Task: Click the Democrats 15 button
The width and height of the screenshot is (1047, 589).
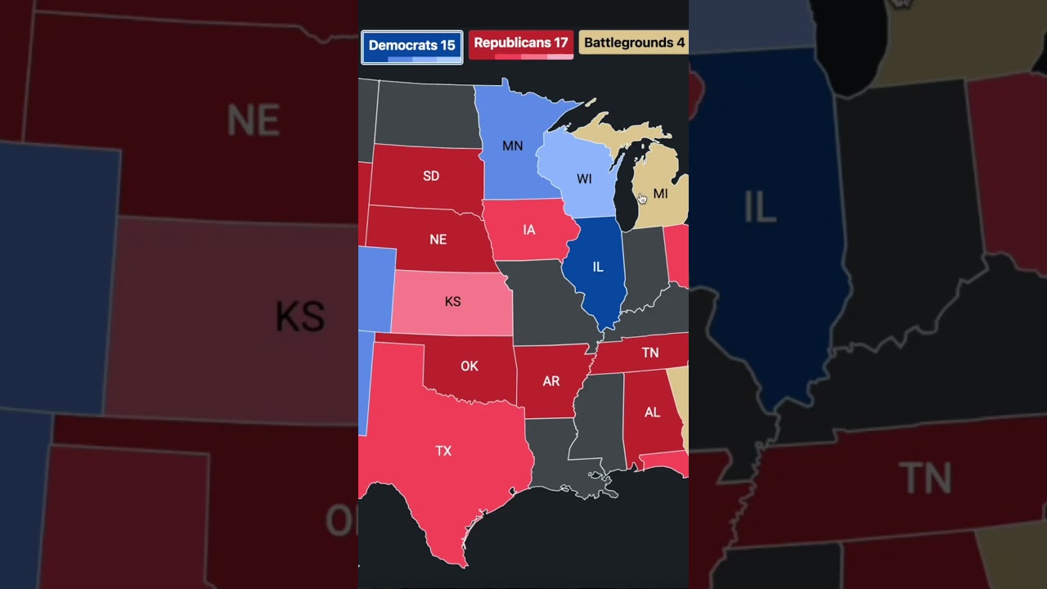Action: click(411, 47)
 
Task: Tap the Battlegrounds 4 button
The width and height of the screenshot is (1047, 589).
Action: click(634, 43)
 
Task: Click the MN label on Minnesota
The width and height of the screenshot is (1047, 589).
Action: click(512, 146)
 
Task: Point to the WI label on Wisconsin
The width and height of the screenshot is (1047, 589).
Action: click(584, 179)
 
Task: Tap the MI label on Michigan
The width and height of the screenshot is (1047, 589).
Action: click(660, 194)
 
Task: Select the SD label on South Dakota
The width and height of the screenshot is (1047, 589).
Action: click(431, 176)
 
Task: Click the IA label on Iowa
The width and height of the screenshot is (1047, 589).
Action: click(529, 230)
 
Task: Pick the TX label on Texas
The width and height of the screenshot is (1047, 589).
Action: click(443, 451)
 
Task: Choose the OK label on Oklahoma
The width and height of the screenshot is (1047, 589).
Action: click(470, 366)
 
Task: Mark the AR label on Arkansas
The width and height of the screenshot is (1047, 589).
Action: click(551, 381)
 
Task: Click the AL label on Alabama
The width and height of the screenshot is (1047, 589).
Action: click(652, 412)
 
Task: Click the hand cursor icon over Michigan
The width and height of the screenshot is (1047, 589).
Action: click(642, 198)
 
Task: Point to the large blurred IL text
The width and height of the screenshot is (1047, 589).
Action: click(760, 208)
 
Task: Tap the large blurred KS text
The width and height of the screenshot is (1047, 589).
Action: click(299, 317)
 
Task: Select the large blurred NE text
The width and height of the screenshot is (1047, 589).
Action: click(253, 121)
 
